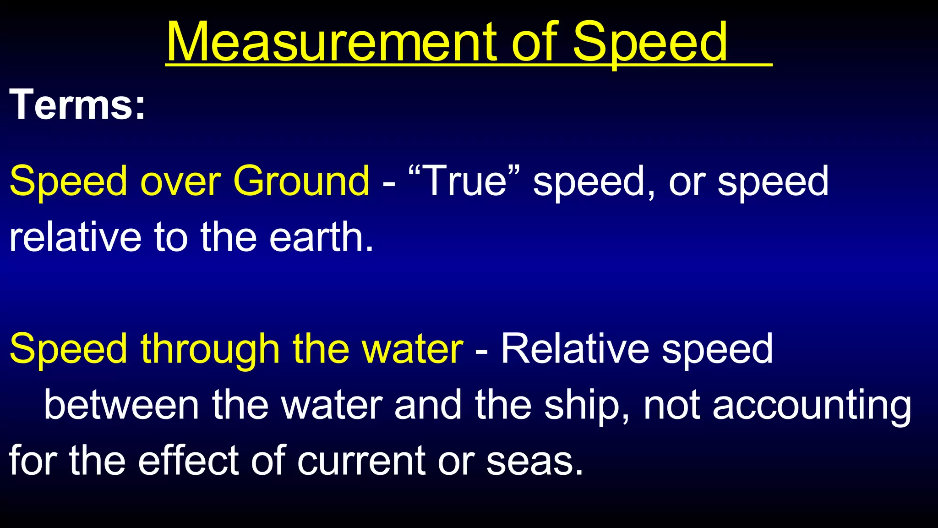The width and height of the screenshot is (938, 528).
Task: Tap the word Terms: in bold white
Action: coord(77,105)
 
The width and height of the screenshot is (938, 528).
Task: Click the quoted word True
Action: coord(465,181)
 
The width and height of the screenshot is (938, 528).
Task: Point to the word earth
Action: coord(321,237)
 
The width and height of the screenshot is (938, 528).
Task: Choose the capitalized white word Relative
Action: coord(574,349)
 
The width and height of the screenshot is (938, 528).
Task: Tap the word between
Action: coord(121,405)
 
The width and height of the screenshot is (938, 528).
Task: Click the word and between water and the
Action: coord(428,405)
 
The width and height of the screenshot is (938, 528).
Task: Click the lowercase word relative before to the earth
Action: coord(75,237)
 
